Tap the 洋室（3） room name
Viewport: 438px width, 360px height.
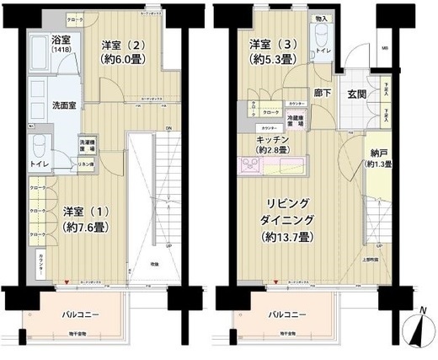tap(270, 43)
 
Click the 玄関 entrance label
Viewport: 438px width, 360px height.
tap(356, 94)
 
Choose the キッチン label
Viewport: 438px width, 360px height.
tap(275, 138)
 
